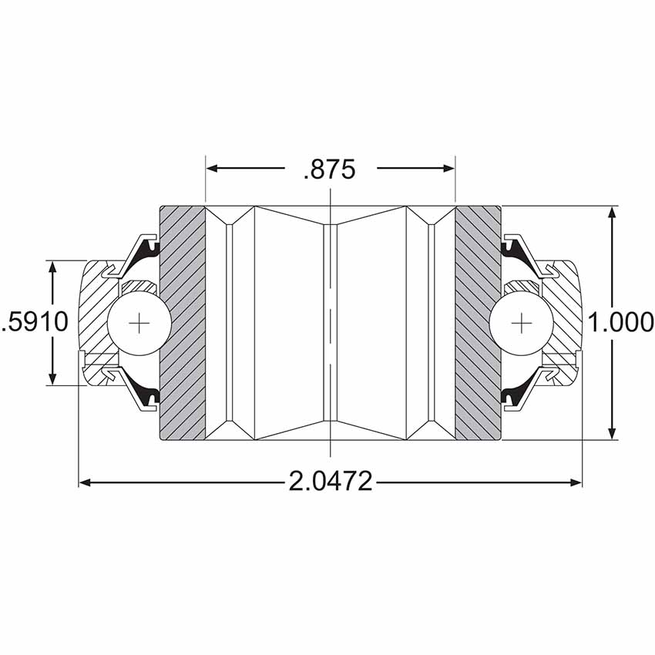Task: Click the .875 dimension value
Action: (x=330, y=170)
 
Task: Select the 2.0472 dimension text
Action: (x=330, y=481)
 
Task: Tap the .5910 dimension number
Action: (x=35, y=322)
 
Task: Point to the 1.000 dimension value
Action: (x=621, y=322)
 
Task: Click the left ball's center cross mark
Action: (x=139, y=323)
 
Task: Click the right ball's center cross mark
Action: (x=522, y=323)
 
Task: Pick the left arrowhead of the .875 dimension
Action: (x=212, y=168)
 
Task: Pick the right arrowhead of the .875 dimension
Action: (x=448, y=168)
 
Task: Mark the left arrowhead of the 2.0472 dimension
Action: (x=86, y=482)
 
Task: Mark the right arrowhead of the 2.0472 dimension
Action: (x=575, y=482)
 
